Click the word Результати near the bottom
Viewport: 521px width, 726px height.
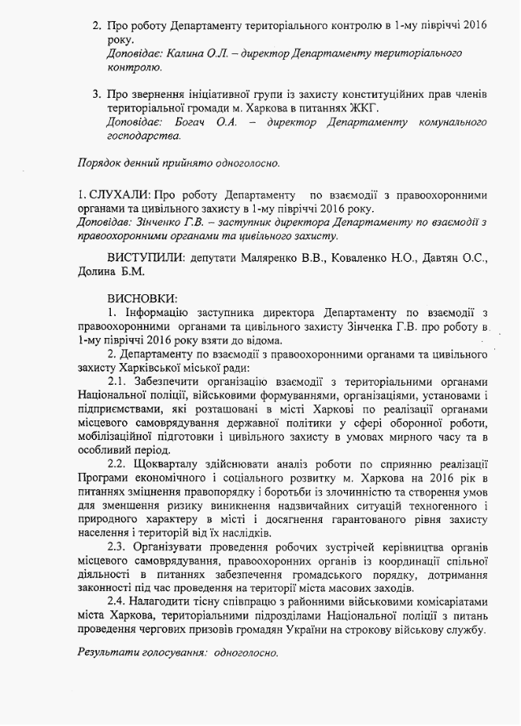click(x=107, y=652)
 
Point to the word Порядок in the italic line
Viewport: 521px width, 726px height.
click(x=100, y=163)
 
